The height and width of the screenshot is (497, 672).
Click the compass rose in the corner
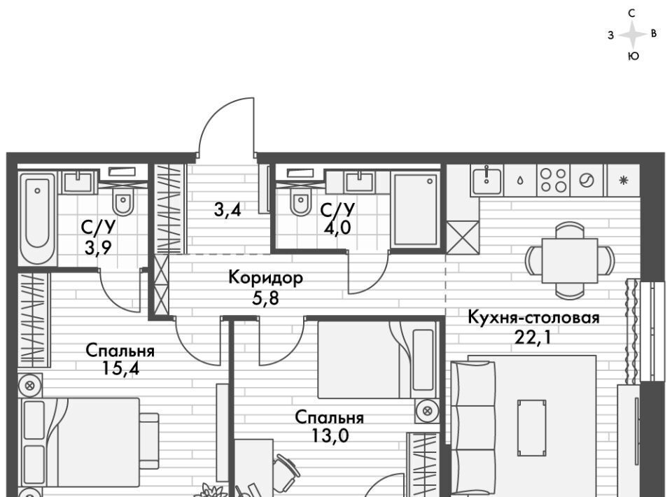coord(633,35)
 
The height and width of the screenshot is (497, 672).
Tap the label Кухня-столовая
coord(533,318)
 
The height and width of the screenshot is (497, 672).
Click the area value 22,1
coord(532,337)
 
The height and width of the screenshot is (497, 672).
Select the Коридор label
coord(266,278)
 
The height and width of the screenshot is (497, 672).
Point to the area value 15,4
coord(121,368)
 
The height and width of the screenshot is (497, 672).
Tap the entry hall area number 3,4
coord(227,210)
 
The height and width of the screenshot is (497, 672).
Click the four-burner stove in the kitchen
coord(553,180)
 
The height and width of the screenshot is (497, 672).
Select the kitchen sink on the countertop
coord(487,180)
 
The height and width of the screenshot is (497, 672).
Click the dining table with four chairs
coord(570,260)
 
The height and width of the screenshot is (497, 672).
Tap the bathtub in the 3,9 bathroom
coord(37,218)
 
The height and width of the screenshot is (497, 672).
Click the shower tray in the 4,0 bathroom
coord(416,209)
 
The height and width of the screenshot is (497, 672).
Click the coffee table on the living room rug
coord(531,428)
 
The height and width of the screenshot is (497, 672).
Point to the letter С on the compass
coord(631,13)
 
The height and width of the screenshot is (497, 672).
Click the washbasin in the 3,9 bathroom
coord(78,182)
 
